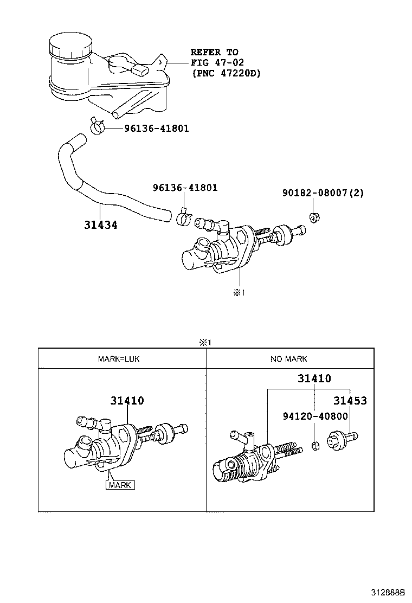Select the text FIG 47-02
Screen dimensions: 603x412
coord(214,62)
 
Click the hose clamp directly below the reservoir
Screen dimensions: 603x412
coord(98,127)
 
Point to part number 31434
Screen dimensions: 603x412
coord(101,224)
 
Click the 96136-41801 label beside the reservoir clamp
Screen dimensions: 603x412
coord(156,129)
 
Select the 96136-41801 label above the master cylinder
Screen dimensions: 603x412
coord(185,188)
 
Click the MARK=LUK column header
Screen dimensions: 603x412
coord(119,359)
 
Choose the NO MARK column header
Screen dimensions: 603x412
coord(289,359)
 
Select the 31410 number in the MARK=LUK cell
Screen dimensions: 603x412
coord(127,401)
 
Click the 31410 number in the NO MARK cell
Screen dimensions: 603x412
coord(314,379)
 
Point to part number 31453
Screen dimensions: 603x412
coord(350,401)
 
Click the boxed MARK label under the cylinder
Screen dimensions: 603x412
coord(120,485)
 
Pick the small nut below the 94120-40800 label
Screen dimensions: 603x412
coord(314,446)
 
